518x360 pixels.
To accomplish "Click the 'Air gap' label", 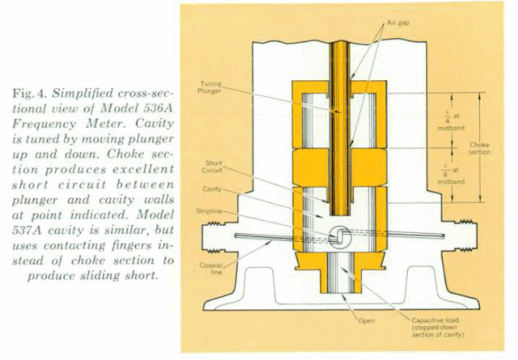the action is coord(398,23).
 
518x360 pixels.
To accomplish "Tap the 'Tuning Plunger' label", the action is coord(210,87).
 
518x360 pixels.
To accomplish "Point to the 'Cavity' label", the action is coord(212,189).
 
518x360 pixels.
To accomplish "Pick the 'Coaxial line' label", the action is coord(210,269).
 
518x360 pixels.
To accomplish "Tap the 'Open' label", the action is coord(367,320).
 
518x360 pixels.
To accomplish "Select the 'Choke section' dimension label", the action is coord(480,148).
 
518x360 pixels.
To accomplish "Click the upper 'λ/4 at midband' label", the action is coord(451,121).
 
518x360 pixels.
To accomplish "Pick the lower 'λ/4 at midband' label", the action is coord(451,175).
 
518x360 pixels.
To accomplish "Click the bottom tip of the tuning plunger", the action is coord(340,214).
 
